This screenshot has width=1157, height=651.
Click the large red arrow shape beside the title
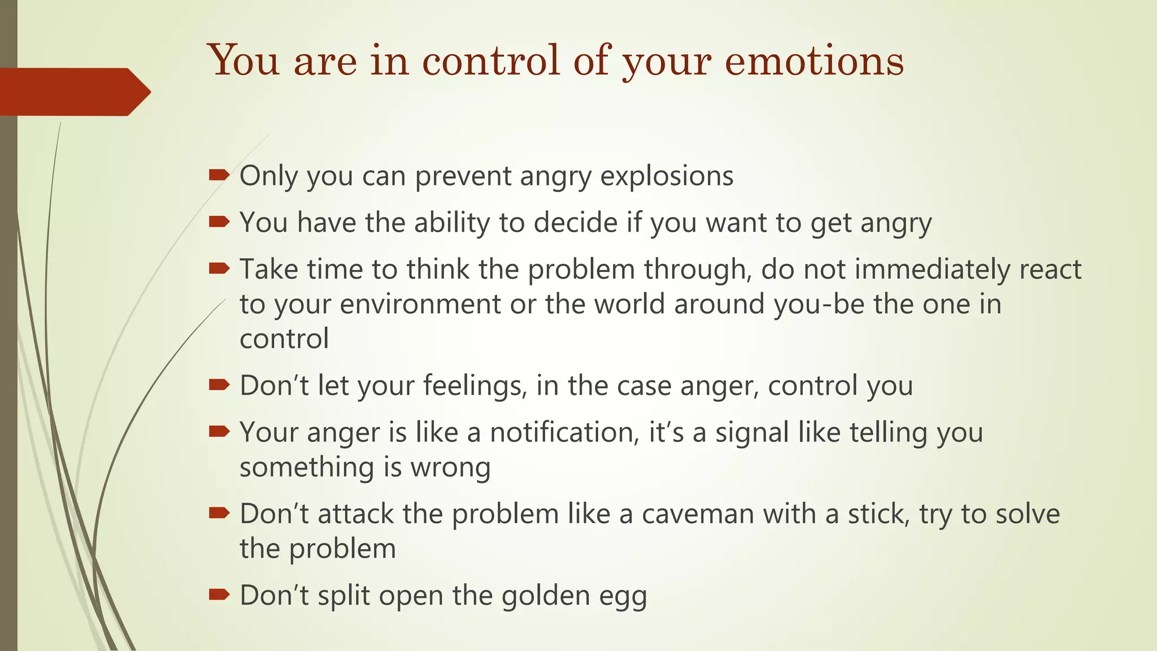pos(73,92)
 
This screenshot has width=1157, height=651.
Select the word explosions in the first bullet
pos(667,176)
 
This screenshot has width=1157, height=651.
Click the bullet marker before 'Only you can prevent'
pos(219,175)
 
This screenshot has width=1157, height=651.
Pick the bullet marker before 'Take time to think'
pos(219,268)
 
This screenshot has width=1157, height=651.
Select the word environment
pos(420,304)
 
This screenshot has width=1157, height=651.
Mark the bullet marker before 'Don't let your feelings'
pos(219,385)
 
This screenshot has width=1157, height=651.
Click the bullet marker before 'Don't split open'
pos(219,594)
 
